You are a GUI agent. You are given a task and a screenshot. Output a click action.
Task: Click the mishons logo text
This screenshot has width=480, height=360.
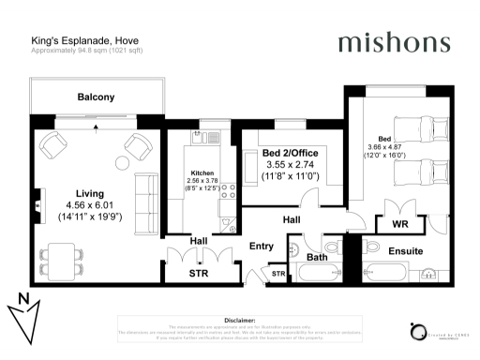tap(394, 42)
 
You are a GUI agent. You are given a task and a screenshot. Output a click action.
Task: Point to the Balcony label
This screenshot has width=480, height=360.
tap(96, 97)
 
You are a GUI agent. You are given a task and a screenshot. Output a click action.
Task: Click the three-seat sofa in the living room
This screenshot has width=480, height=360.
tap(143, 196)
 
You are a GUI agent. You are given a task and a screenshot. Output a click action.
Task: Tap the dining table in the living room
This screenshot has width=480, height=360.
tap(63, 254)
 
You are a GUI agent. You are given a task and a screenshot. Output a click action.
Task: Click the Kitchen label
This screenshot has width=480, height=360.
tap(203, 174)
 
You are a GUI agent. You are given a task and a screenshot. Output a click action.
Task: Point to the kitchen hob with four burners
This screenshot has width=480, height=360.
tap(227, 191)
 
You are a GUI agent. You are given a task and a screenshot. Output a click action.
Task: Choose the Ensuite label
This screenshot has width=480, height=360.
tap(406, 251)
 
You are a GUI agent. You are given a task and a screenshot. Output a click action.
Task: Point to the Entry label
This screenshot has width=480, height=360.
tap(261, 247)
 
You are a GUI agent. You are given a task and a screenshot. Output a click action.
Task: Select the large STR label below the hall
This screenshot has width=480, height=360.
tap(198, 274)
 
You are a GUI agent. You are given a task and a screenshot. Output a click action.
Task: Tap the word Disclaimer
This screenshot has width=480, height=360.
tap(240, 320)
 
